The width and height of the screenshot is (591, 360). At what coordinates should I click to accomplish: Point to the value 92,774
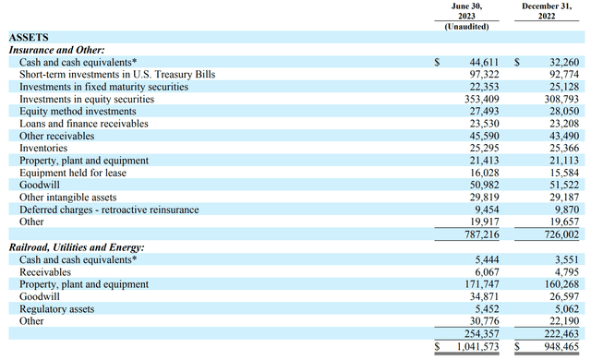point(560,74)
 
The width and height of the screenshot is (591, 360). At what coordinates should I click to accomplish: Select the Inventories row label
point(44,148)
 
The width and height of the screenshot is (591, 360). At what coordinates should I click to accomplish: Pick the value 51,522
point(560,185)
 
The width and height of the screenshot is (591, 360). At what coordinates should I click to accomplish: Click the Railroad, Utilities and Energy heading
point(77,248)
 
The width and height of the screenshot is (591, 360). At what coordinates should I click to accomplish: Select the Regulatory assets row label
point(56,309)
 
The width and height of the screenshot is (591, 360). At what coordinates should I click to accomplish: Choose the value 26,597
point(560,297)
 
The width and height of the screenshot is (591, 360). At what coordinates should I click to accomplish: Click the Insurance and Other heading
point(56,50)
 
